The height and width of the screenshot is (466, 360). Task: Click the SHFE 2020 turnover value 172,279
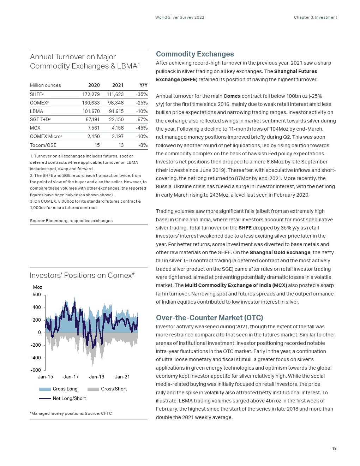(x=91, y=95)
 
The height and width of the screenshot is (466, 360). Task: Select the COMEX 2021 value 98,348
(x=116, y=103)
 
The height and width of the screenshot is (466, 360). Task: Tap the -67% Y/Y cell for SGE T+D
(x=142, y=120)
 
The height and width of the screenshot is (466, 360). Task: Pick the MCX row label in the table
(x=35, y=128)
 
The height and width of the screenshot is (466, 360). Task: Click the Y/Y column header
(x=143, y=85)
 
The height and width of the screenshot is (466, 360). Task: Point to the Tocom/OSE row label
(x=43, y=145)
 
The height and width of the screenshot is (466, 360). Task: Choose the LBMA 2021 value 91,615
(x=116, y=111)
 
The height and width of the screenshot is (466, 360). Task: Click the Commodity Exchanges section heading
(x=195, y=54)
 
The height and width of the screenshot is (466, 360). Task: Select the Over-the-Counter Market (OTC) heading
(x=209, y=318)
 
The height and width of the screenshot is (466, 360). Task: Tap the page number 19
(x=334, y=448)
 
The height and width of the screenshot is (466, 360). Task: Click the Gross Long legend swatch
(x=45, y=389)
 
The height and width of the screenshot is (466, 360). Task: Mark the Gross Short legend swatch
(x=93, y=389)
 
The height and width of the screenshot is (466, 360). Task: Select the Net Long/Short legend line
(x=45, y=399)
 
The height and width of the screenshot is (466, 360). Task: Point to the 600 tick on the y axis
(x=37, y=295)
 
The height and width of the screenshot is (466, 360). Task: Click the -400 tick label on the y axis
(x=36, y=358)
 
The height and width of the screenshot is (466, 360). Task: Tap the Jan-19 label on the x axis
(x=97, y=377)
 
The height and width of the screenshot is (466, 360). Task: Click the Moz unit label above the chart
(x=37, y=287)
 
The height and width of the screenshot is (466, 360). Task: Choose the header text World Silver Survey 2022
(x=180, y=17)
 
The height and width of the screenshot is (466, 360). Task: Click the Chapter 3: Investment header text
(x=315, y=17)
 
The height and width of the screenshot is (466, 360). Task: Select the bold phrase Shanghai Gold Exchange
(x=280, y=252)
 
